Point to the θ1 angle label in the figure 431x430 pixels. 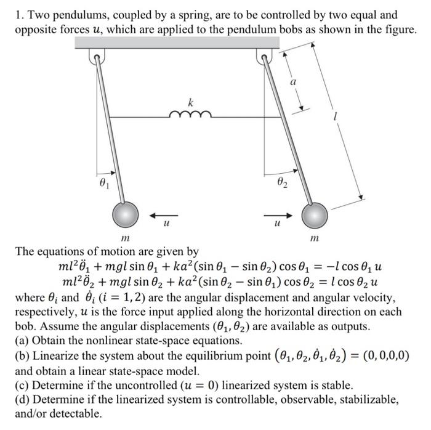(x=106, y=183)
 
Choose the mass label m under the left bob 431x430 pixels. (x=126, y=238)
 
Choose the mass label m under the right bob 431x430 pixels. (x=315, y=238)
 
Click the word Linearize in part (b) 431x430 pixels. (x=57, y=355)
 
